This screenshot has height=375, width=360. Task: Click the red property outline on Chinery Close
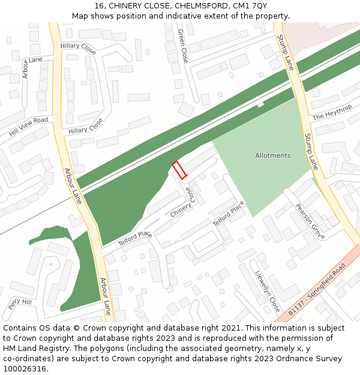pyautogui.click(x=179, y=170)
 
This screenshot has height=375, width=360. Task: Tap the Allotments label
pyautogui.click(x=272, y=155)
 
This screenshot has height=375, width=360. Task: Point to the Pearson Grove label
pyautogui.click(x=310, y=221)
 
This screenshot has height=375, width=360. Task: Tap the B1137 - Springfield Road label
pyautogui.click(x=317, y=289)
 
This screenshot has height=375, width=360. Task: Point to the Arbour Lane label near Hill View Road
pyautogui.click(x=73, y=186)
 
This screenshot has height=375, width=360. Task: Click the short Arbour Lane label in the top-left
pyautogui.click(x=32, y=61)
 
